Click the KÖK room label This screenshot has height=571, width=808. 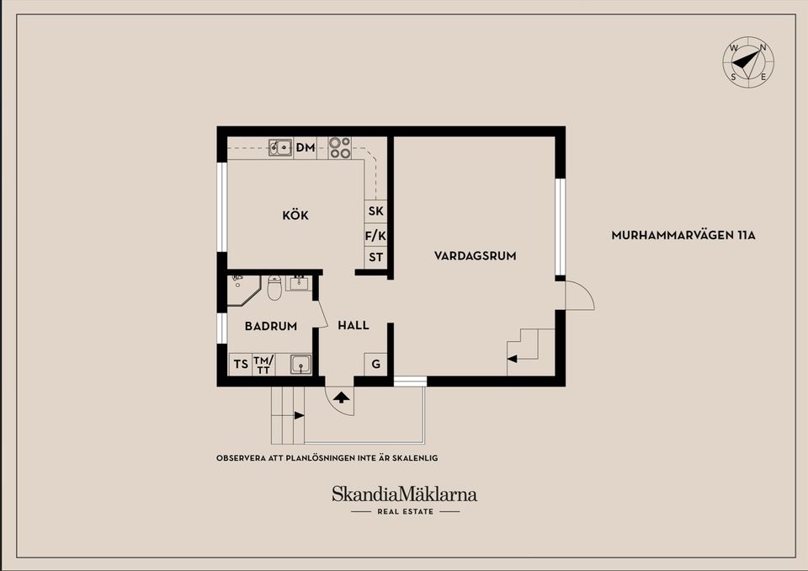tap(295, 216)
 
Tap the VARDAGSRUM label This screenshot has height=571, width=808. tap(475, 255)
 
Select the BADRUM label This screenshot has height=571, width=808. tap(271, 326)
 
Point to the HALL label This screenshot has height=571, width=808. tap(353, 325)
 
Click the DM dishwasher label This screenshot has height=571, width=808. tap(305, 148)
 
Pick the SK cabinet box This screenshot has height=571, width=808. tap(375, 211)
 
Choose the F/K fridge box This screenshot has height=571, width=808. tap(375, 236)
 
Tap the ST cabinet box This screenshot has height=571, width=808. tap(375, 258)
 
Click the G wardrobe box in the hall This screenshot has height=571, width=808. tap(375, 365)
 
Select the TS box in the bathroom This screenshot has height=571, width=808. tap(241, 365)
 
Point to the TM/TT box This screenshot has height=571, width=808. tap(263, 365)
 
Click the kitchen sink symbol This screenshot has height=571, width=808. tap(280, 148)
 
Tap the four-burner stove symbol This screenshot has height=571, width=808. tap(340, 148)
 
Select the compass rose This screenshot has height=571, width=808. tap(747, 62)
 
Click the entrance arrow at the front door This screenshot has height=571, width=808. tap(342, 396)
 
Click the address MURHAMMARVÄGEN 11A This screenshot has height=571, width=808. tap(683, 236)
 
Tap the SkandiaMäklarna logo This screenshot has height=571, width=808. tap(404, 495)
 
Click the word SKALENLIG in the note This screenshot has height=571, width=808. tap(414, 458)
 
